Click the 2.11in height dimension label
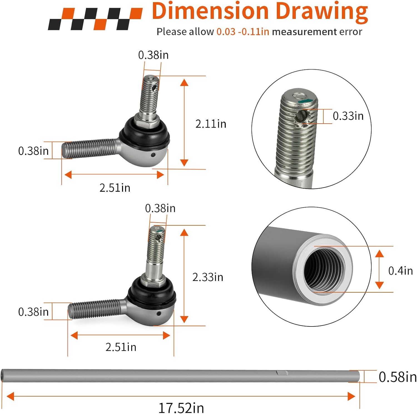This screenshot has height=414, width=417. pyautogui.click(x=211, y=124)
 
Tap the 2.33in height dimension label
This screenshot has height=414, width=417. pyautogui.click(x=208, y=277)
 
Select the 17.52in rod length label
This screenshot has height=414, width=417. pyautogui.click(x=181, y=408)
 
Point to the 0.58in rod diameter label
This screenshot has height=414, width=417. pyautogui.click(x=398, y=377)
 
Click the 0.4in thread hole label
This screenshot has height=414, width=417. pyautogui.click(x=400, y=271)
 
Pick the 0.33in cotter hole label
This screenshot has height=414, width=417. pyautogui.click(x=348, y=116)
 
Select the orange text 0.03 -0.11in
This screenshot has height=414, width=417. pyautogui.click(x=243, y=32)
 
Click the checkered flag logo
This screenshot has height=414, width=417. pyautogui.click(x=95, y=19)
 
